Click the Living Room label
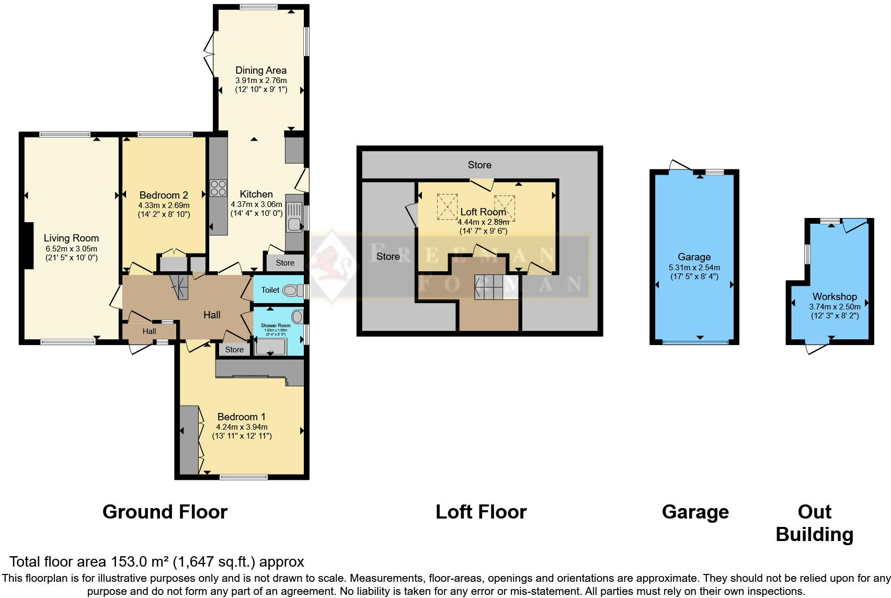pos(71,238)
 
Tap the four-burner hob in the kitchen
pos(218,188)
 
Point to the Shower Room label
pos(276,326)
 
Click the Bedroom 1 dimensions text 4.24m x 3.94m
pos(242,427)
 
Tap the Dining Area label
pos(260,70)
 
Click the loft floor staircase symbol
pos(489,287)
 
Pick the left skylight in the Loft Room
pos(447,206)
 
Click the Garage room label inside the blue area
pos(694,257)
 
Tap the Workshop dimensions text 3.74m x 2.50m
pos(835,307)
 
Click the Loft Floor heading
pos(481,512)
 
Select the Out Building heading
pos(814,523)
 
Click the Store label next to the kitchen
pos(285,263)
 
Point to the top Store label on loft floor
pos(479,165)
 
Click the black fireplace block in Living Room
pos(27,246)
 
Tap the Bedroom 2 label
pos(164,195)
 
